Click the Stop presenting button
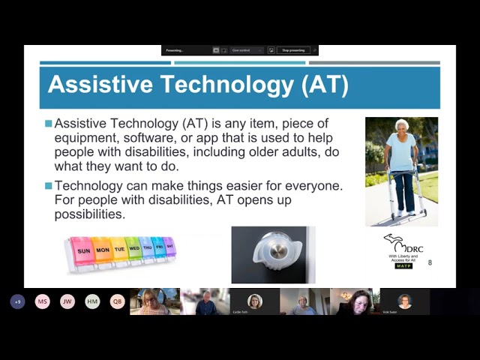pos(293,50)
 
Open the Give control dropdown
pos(247,50)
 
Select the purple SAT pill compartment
pos(169,246)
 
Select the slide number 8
pos(430,262)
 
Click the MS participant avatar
pos(43,301)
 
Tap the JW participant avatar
pos(67,301)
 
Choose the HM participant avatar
pos(92,301)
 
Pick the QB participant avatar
pos(117,301)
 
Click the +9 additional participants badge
pos(18,301)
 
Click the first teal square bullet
pos(49,123)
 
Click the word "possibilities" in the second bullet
pos(89,214)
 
